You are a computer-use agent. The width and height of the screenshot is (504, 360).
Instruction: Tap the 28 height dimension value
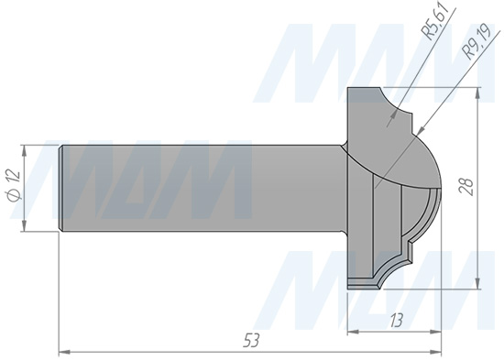pos(466,187)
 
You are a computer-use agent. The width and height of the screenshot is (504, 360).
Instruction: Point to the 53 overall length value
pos(251,341)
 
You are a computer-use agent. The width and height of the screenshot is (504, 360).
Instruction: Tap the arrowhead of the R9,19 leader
pos(421,130)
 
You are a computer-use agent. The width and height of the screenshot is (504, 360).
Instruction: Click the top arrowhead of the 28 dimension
pos(478,93)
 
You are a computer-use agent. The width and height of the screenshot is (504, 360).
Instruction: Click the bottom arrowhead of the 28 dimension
pos(478,282)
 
